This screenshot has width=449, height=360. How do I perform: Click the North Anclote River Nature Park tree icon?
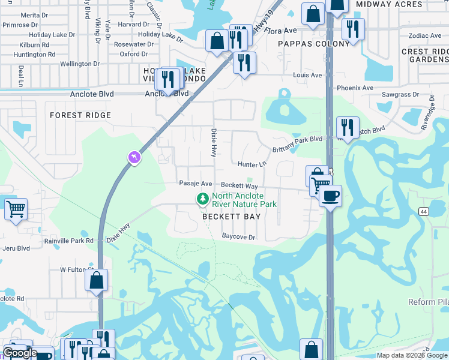(203, 199)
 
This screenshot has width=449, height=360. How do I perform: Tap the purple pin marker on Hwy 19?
(134, 157)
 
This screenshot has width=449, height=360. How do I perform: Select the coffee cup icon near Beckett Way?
(330, 195)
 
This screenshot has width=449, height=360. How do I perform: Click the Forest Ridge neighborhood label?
(80, 115)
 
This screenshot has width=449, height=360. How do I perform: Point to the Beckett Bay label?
(231, 217)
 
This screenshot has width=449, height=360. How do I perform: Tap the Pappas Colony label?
(313, 44)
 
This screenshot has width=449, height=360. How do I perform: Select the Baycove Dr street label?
(239, 237)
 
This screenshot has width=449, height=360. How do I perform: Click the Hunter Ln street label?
(252, 164)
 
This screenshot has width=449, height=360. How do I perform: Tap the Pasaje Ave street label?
(196, 184)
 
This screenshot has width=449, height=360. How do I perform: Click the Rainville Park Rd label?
(69, 241)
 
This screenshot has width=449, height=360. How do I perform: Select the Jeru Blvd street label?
(15, 247)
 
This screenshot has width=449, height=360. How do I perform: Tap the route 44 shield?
(424, 211)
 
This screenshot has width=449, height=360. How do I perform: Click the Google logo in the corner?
(20, 353)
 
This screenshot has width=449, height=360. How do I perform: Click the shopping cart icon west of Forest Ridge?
(16, 209)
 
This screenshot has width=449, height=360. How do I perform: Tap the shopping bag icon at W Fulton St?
(96, 280)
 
